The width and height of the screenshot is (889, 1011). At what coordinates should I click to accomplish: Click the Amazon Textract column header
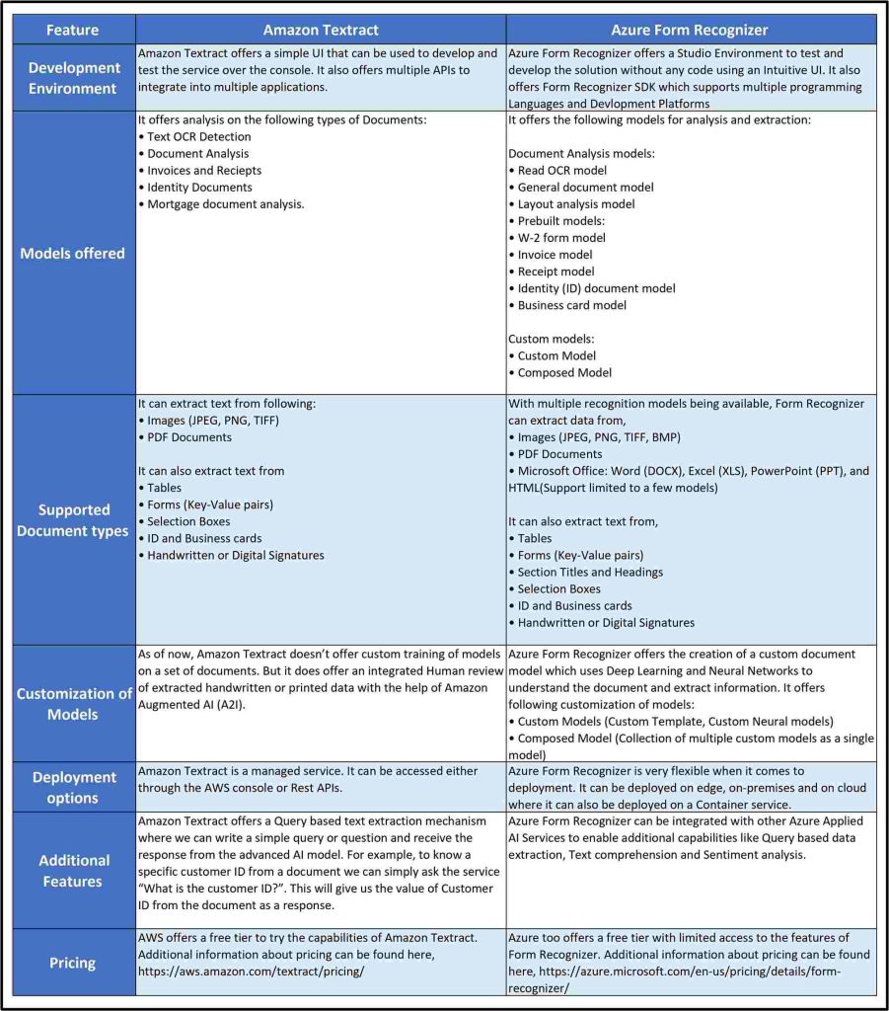click(321, 29)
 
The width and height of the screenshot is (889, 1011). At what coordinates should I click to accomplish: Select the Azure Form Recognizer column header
click(691, 29)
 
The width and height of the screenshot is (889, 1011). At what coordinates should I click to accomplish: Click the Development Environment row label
click(75, 78)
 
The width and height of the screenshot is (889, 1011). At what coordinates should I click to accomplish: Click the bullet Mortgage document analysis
click(226, 204)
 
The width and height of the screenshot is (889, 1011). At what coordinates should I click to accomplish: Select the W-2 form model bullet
click(561, 238)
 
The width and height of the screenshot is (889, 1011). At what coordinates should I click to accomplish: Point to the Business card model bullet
click(572, 305)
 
